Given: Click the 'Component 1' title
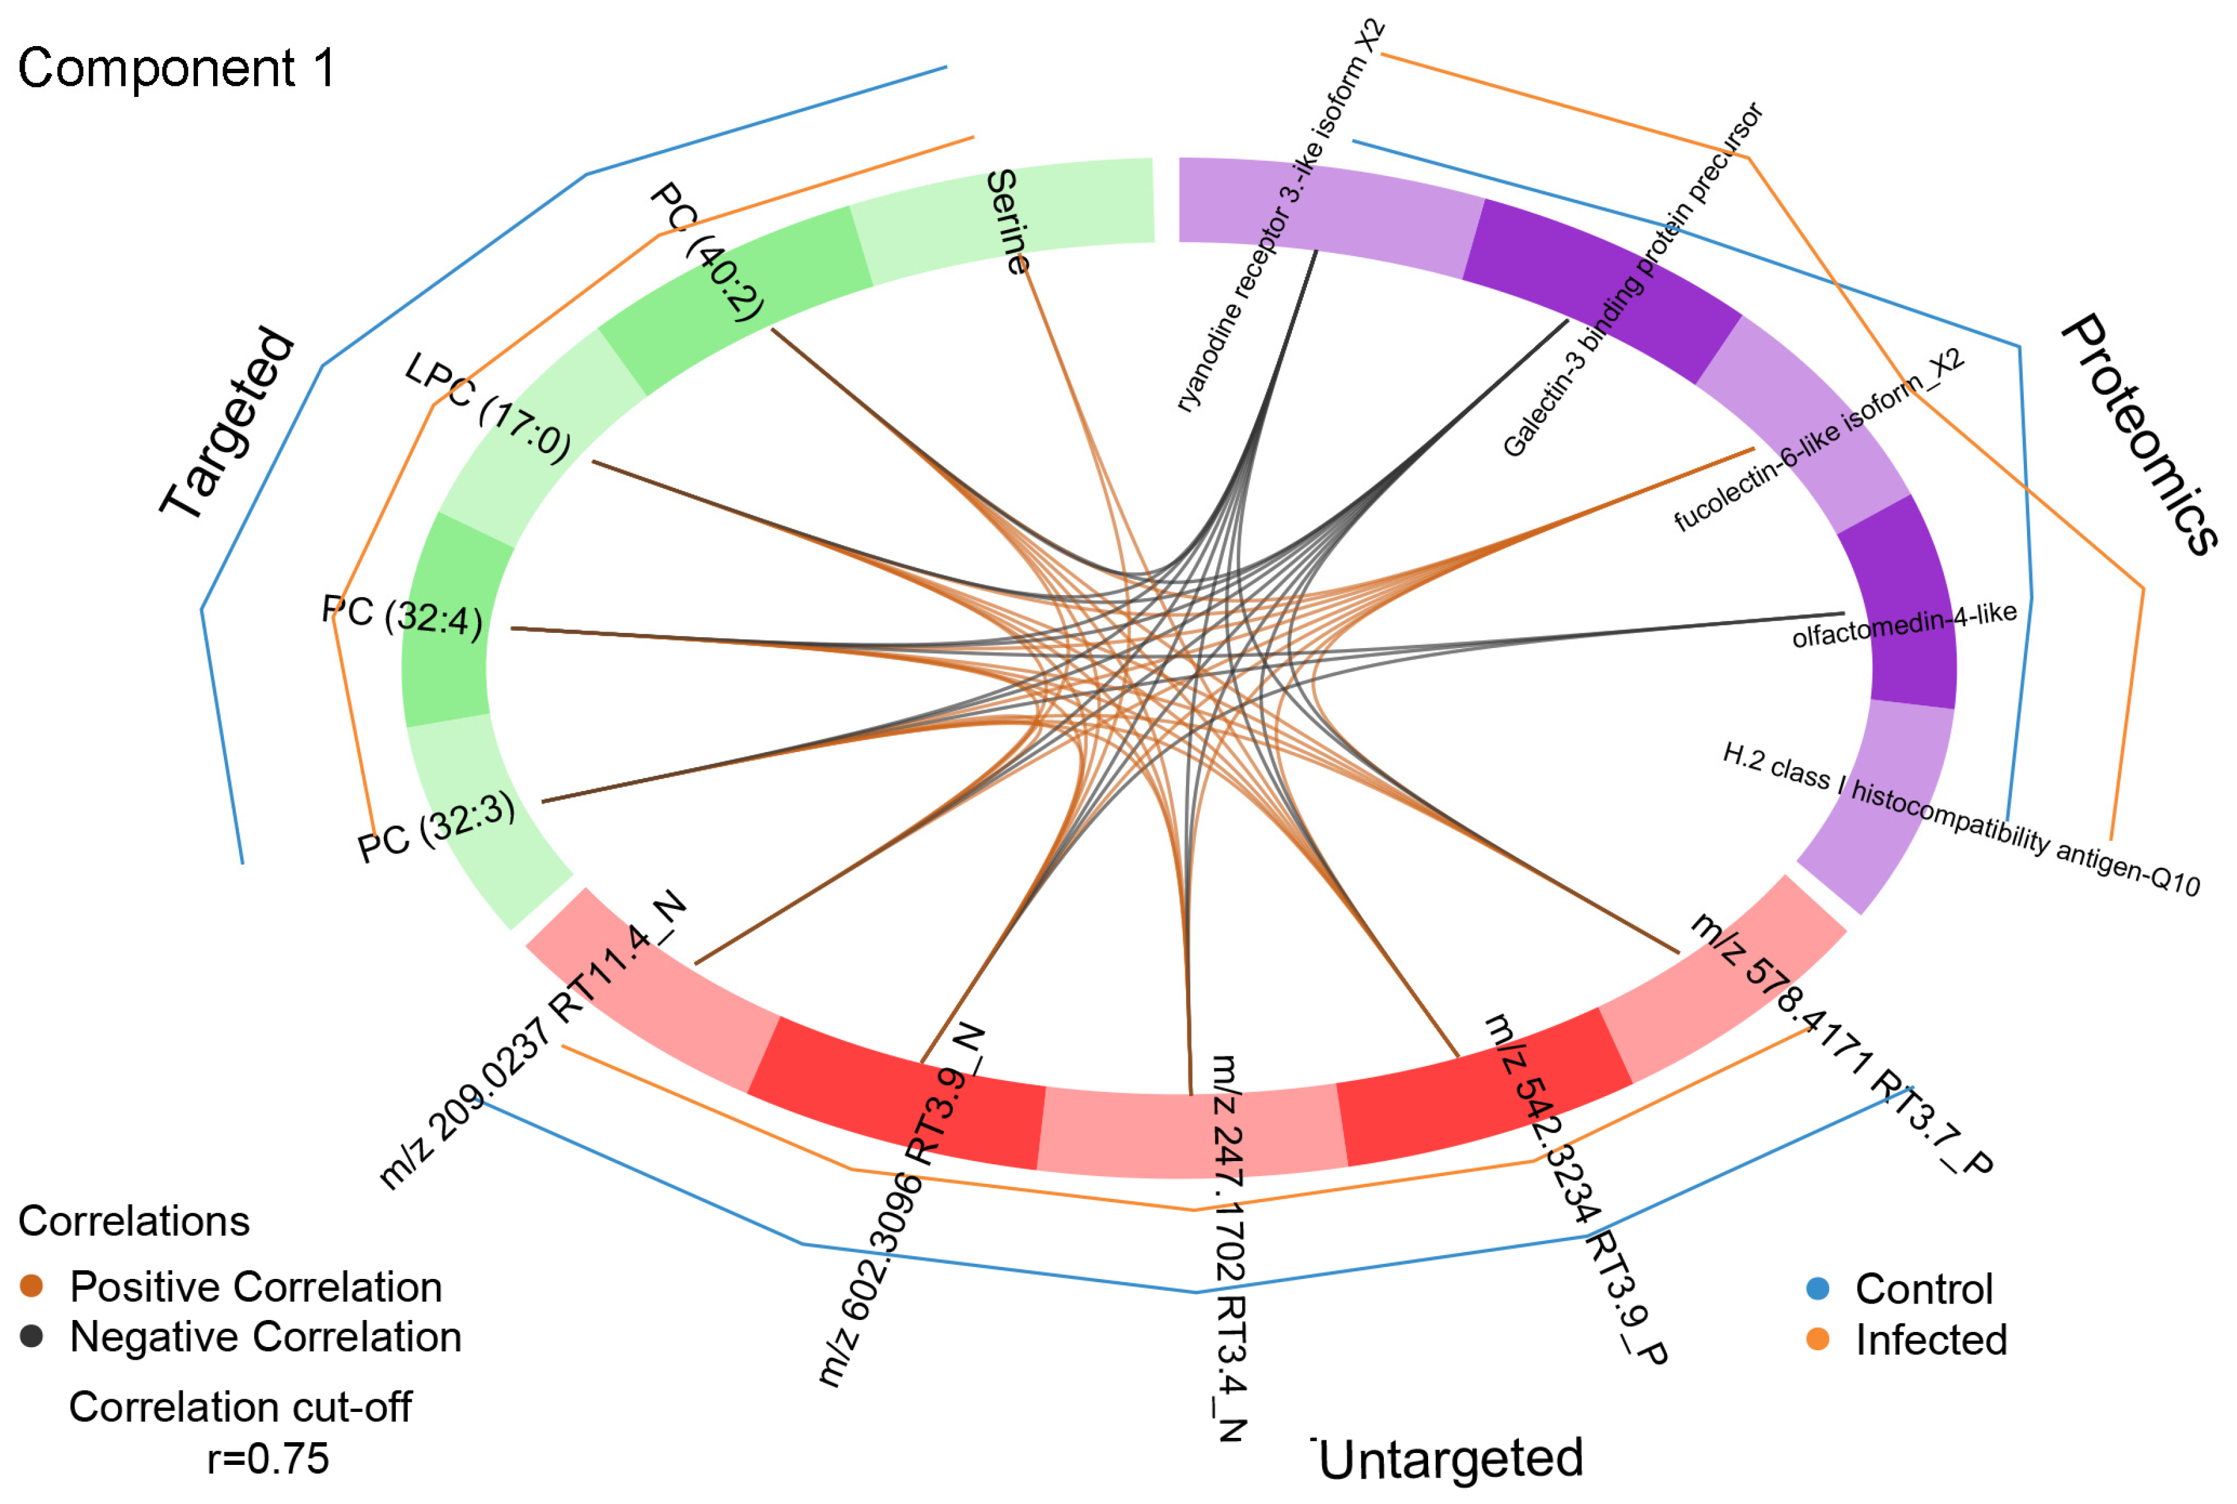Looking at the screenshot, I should click(x=177, y=69).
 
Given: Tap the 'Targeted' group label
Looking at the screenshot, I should click(x=228, y=424).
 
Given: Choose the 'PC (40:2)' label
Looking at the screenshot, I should click(x=708, y=252).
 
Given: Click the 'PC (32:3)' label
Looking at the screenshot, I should click(x=436, y=828).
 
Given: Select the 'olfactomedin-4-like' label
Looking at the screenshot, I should click(x=1904, y=625).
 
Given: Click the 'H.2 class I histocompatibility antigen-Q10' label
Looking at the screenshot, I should click(x=1961, y=818).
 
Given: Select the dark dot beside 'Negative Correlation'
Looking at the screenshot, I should click(x=32, y=1337).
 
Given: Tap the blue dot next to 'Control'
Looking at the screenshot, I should click(x=1818, y=1289).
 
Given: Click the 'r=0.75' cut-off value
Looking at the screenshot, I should click(x=269, y=1459).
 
